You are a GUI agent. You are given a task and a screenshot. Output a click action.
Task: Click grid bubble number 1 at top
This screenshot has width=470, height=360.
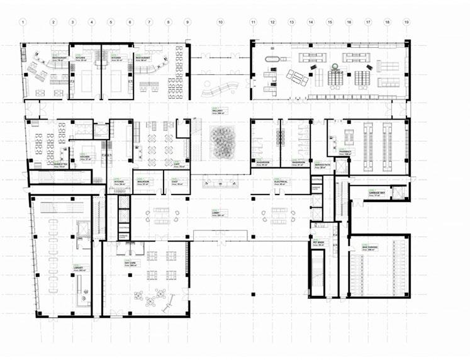point(23,22)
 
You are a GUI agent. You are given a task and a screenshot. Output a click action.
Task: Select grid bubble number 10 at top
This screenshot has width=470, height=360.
point(220,22)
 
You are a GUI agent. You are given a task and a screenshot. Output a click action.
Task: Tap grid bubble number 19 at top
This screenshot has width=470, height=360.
point(406,22)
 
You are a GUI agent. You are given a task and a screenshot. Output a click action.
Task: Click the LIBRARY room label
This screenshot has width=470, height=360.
point(78,267)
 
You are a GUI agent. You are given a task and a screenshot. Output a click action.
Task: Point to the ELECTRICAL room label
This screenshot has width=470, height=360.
point(281,181)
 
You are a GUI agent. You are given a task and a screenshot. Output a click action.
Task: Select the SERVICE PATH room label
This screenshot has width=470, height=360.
point(320,165)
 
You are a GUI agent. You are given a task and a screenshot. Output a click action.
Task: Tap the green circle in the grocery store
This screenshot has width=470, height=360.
point(334,65)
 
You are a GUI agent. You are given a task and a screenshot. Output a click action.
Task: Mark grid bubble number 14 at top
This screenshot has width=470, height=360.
point(310,22)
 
